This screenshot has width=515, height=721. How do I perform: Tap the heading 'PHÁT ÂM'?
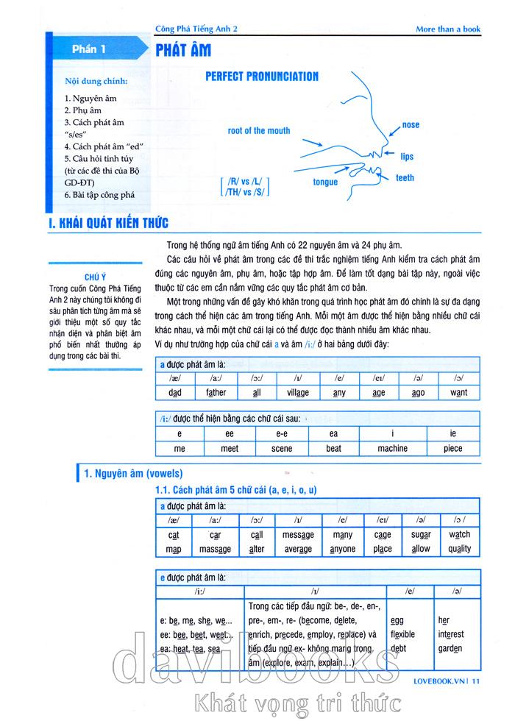point(183,50)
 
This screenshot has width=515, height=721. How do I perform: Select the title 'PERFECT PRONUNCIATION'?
point(261,77)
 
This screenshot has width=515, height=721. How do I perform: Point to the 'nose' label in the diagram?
point(411,125)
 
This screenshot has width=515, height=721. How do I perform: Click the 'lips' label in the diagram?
point(407,157)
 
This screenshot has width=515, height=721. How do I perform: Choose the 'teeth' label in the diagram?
point(405,178)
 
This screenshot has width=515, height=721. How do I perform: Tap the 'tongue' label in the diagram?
point(325,182)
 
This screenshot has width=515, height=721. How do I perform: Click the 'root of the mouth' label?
point(259,131)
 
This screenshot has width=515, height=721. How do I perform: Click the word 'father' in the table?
point(216,392)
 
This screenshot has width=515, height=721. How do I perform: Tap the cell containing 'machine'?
point(392,448)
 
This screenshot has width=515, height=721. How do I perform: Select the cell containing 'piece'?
point(453,448)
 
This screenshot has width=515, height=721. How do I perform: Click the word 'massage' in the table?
point(215,549)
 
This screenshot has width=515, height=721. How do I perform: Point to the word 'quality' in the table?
point(459,549)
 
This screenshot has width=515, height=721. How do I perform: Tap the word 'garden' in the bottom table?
point(450,648)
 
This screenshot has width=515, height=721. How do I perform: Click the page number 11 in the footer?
point(477,681)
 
